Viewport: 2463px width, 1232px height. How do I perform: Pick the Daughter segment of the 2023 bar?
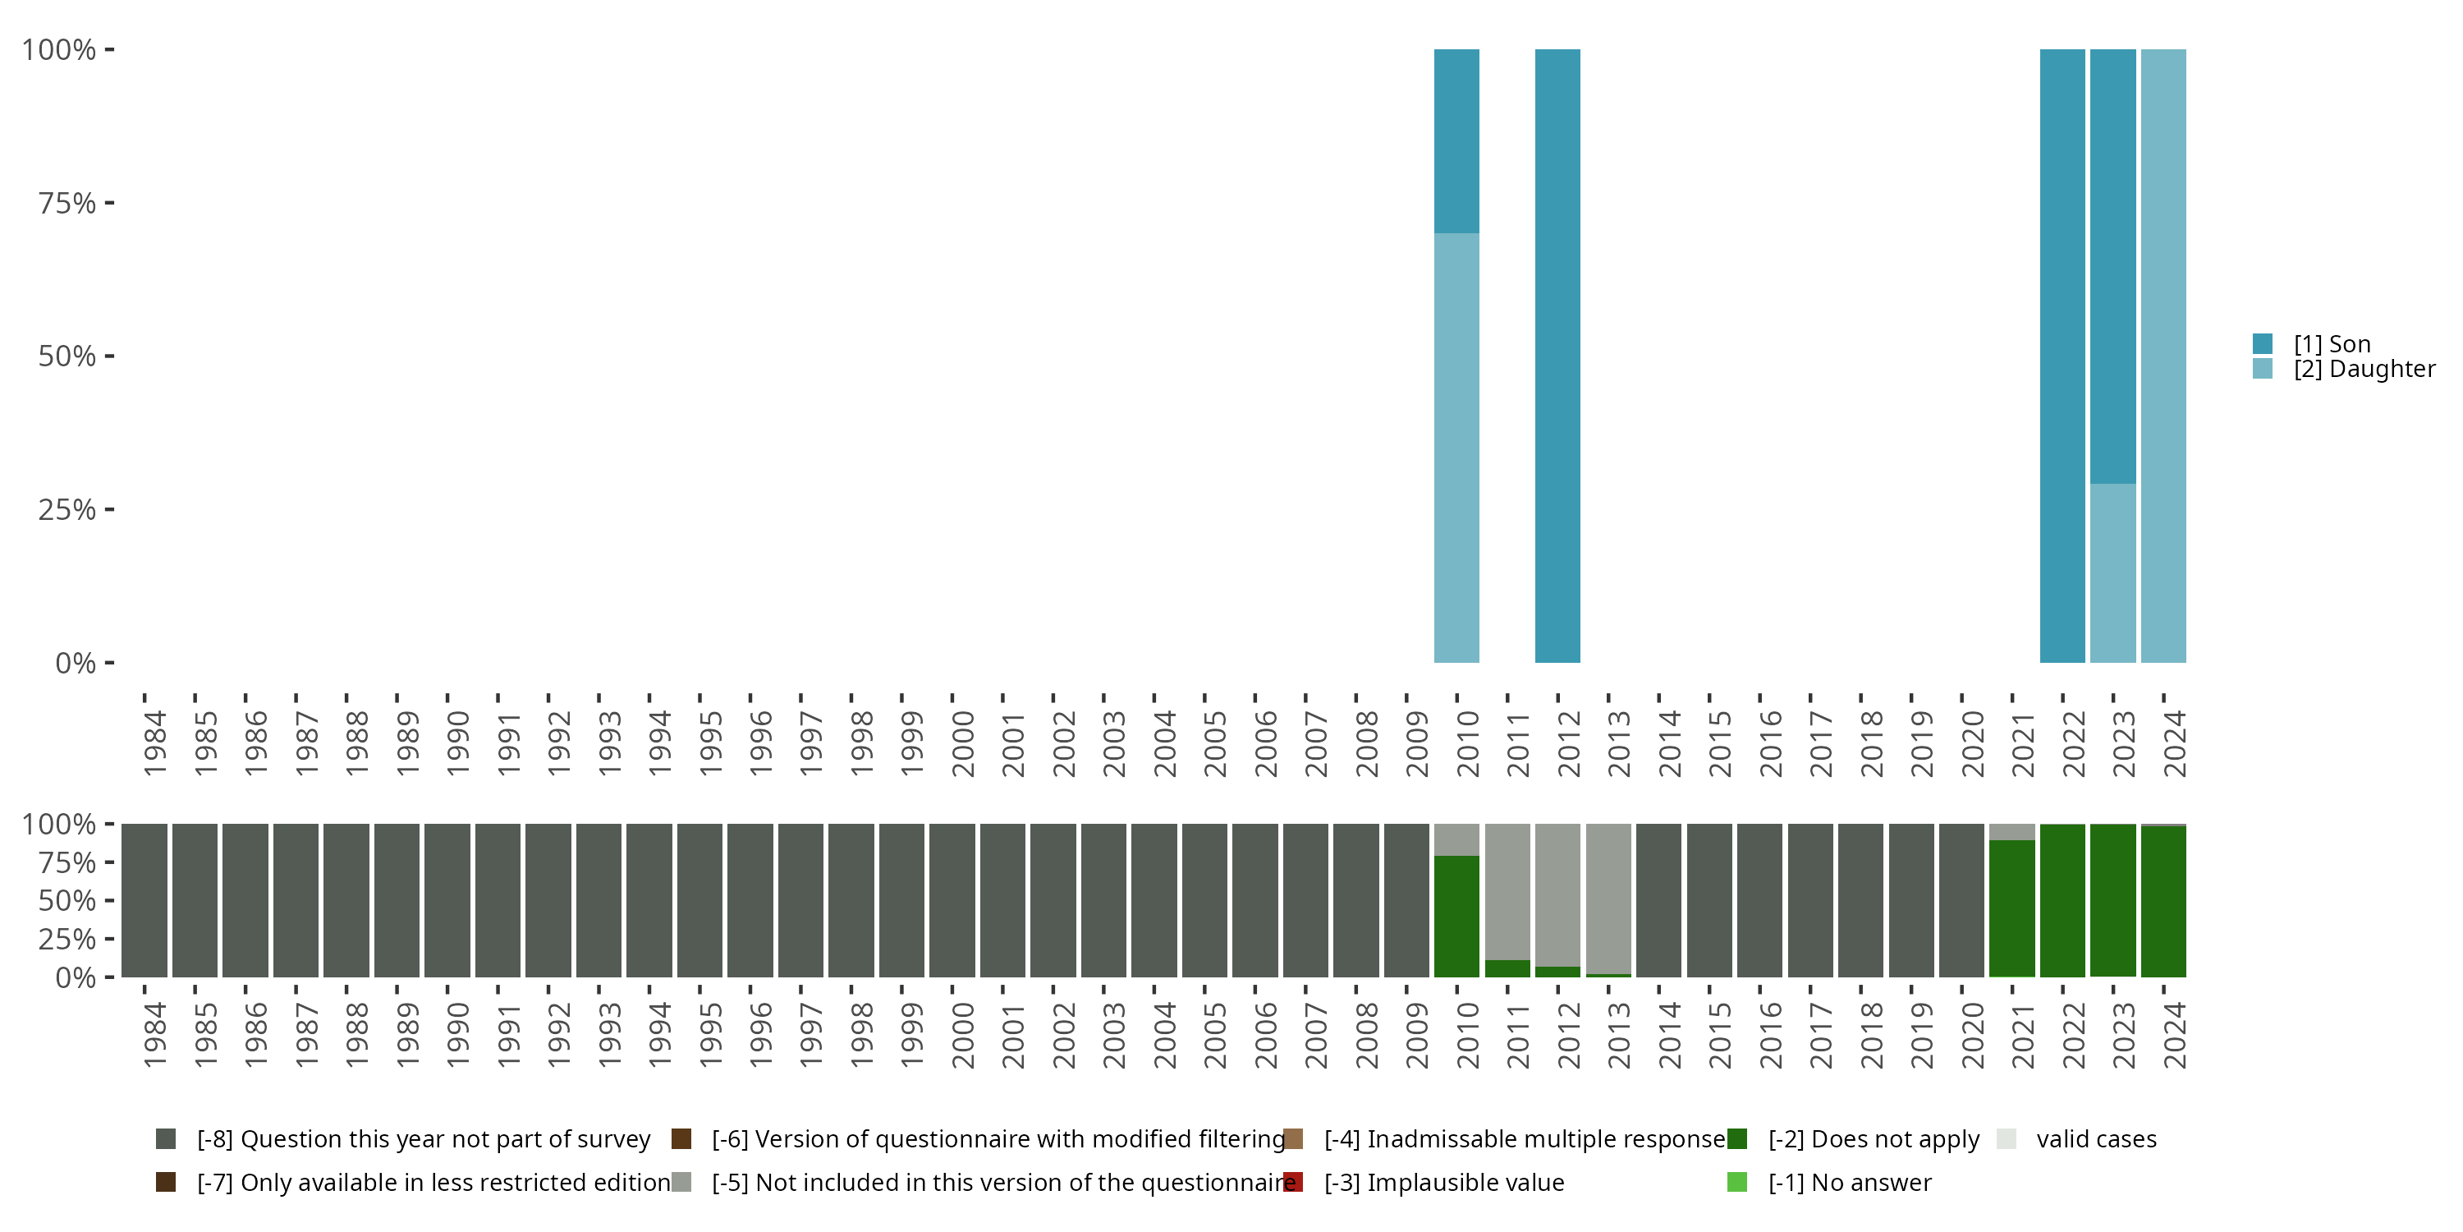pos(2113,573)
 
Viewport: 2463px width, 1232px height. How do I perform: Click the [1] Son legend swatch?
pos(2262,343)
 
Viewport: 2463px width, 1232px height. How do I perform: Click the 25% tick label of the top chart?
pos(67,510)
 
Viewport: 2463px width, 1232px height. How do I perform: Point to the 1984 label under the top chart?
pos(155,743)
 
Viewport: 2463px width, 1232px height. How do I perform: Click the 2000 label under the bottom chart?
pos(963,1035)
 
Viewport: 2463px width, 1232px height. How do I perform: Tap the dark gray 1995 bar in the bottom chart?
pos(699,900)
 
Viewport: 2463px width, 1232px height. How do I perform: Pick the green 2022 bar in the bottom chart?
pos(2062,900)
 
